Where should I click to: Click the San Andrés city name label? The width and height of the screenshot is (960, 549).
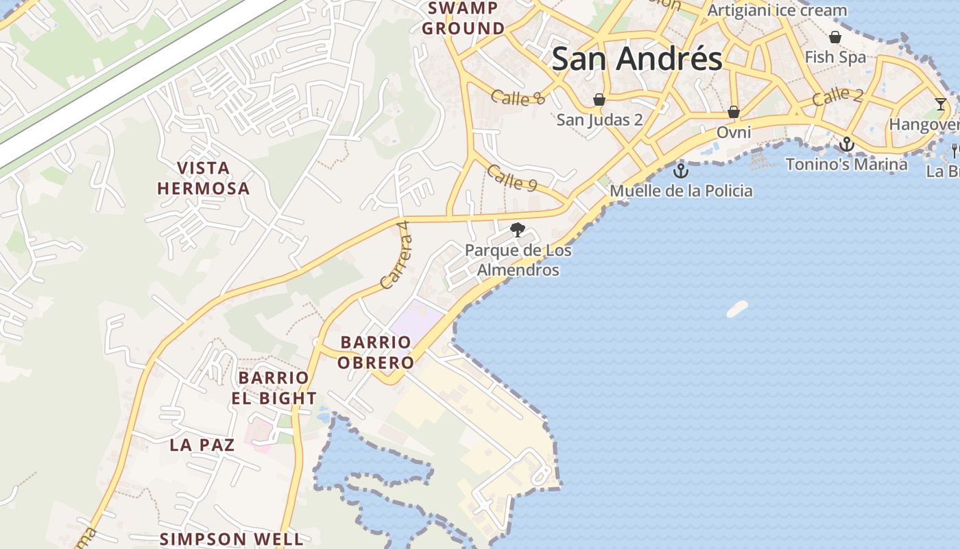tap(636, 59)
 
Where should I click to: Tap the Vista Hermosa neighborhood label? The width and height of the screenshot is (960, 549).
tap(204, 178)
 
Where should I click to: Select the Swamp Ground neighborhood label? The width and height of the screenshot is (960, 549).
tap(463, 19)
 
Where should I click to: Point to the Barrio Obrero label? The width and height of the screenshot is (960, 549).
tap(376, 352)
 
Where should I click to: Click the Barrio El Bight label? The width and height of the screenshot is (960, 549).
tap(274, 388)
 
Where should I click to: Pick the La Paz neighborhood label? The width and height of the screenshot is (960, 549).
tap(202, 445)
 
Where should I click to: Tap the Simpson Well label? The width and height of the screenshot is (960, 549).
tap(231, 539)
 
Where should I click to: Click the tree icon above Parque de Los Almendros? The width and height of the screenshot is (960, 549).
tap(518, 230)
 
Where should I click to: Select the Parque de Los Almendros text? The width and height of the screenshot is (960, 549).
tap(518, 260)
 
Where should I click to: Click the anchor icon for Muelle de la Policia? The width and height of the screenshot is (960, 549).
tap(681, 170)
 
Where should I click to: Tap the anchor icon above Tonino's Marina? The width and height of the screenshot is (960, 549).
tap(847, 144)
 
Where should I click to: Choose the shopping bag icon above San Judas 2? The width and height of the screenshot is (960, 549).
tap(599, 100)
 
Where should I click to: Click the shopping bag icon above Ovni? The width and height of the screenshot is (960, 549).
tap(734, 112)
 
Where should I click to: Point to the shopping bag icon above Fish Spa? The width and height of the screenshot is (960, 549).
tap(835, 37)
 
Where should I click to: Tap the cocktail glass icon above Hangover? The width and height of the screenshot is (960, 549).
tap(940, 104)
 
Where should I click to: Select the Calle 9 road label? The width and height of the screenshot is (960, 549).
tap(512, 178)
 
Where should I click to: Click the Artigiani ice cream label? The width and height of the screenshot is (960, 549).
tap(777, 10)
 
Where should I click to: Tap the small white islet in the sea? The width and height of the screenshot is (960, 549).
tap(737, 309)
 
